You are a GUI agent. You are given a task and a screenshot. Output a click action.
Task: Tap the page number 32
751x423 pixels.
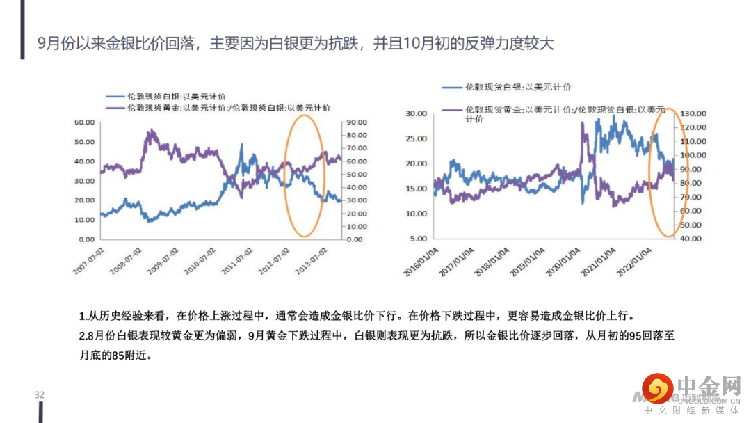point(40,395)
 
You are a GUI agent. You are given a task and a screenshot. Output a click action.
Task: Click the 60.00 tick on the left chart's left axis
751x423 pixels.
point(84,122)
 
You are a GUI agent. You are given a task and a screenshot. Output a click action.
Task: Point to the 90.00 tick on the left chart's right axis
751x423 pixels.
point(356,122)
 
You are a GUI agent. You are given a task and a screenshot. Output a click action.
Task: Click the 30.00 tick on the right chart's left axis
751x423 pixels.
point(417,113)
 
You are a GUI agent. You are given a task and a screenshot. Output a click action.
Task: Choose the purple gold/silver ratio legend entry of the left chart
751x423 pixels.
point(218,108)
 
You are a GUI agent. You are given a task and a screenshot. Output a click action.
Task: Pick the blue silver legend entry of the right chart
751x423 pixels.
point(507,87)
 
